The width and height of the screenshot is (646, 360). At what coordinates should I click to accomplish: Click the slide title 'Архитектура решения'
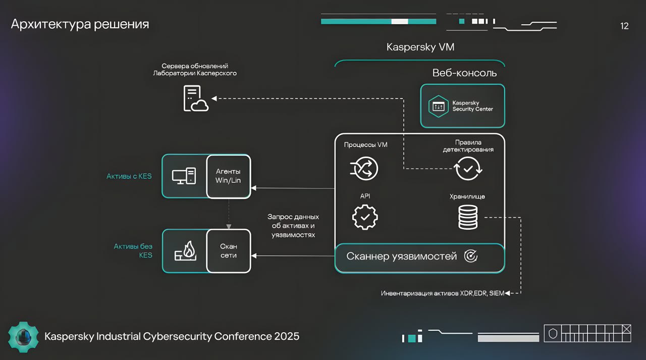[80, 24]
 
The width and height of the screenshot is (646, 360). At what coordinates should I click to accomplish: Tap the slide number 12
[624, 26]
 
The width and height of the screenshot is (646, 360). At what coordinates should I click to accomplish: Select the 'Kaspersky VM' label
[420, 47]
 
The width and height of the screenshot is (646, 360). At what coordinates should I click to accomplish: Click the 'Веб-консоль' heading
[464, 73]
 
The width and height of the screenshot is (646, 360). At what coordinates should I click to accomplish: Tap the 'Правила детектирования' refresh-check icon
[468, 169]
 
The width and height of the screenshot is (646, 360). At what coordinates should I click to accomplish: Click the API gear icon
[365, 217]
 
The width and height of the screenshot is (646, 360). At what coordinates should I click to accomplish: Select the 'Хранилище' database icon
[468, 217]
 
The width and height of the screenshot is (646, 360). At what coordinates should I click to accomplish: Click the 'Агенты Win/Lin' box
[229, 176]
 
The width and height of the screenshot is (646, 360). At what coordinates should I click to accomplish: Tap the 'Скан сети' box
[229, 251]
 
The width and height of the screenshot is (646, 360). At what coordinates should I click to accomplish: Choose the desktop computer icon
[184, 176]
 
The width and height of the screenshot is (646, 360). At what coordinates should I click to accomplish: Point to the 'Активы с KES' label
[129, 177]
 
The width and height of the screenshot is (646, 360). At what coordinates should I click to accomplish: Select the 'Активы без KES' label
[133, 251]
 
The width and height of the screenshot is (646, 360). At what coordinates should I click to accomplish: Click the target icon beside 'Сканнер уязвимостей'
[470, 256]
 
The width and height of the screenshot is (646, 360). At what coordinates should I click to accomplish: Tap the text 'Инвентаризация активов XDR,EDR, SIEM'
[442, 293]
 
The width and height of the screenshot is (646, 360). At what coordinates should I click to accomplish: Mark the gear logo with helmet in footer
[23, 336]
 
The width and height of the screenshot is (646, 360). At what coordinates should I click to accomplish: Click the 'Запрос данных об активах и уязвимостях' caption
[293, 226]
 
